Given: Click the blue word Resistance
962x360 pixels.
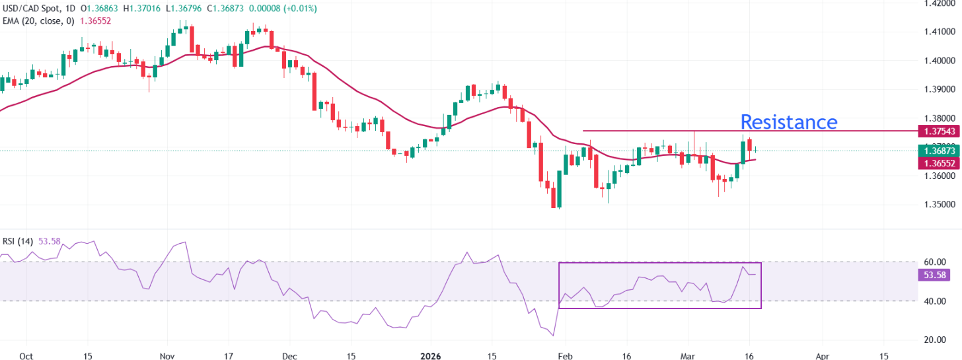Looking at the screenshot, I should pyautogui.click(x=788, y=122).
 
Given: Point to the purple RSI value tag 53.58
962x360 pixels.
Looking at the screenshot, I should pyautogui.click(x=934, y=275).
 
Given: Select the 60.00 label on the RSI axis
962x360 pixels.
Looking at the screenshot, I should pyautogui.click(x=932, y=262).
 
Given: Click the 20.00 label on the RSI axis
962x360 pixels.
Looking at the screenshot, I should pyautogui.click(x=932, y=340).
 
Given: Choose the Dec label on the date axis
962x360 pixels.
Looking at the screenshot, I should pyautogui.click(x=289, y=355).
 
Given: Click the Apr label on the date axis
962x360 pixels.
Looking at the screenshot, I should pyautogui.click(x=822, y=355).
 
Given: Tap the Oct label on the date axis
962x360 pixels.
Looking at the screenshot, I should pyautogui.click(x=26, y=355).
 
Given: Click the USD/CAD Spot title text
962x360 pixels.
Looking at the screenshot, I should pyautogui.click(x=33, y=9).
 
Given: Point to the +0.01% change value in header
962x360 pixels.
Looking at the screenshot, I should pyautogui.click(x=299, y=9).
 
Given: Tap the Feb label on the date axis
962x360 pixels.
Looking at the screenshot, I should pyautogui.click(x=566, y=355).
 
